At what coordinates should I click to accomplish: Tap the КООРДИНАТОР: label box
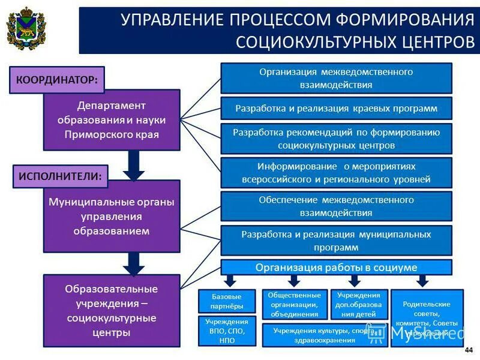(x=56, y=79)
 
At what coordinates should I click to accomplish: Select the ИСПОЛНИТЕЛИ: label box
(x=60, y=176)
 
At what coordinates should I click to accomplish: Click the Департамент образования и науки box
(x=112, y=119)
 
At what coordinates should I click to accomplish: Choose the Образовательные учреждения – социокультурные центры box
(x=112, y=310)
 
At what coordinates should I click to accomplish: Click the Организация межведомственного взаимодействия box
(x=336, y=78)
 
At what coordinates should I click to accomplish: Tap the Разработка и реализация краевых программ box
(x=336, y=109)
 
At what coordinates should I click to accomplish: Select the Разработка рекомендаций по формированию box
(x=336, y=139)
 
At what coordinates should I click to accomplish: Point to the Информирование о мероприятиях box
(x=336, y=172)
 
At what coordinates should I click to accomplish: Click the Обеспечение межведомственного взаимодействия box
(x=336, y=206)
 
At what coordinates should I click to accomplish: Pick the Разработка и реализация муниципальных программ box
(x=336, y=241)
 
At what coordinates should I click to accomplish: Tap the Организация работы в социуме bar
(x=336, y=267)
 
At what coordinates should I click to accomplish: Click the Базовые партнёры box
(x=227, y=301)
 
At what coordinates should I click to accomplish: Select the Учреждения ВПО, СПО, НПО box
(x=227, y=331)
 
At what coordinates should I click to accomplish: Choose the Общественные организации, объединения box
(x=295, y=304)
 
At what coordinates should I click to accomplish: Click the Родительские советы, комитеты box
(x=427, y=317)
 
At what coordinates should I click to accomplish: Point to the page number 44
(x=469, y=350)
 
